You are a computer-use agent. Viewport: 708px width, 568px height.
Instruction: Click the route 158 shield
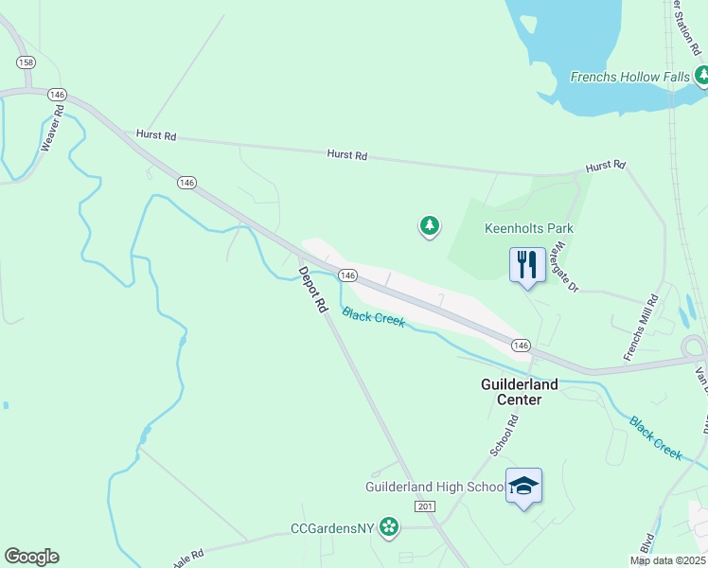click(x=26, y=62)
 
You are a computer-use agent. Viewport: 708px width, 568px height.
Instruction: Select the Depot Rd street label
click(x=312, y=290)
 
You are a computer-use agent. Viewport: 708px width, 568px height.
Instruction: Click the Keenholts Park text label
click(x=529, y=228)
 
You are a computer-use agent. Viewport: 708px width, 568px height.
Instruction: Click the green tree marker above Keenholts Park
click(x=430, y=225)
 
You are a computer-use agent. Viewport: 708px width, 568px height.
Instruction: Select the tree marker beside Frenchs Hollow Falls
click(x=701, y=75)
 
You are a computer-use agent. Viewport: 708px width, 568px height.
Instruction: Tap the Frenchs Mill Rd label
click(x=640, y=328)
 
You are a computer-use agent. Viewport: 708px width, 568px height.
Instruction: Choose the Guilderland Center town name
click(x=519, y=392)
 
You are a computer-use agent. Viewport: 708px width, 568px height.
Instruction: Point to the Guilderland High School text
click(x=434, y=488)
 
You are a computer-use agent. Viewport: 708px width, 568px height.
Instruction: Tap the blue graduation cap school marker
click(x=524, y=487)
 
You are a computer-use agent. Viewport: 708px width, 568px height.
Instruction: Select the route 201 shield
click(x=424, y=507)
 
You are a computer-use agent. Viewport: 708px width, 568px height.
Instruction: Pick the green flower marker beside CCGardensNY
click(x=388, y=526)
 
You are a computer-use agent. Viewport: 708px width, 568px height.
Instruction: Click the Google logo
click(x=32, y=557)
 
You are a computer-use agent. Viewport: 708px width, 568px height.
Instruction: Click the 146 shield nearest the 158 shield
click(x=58, y=95)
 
